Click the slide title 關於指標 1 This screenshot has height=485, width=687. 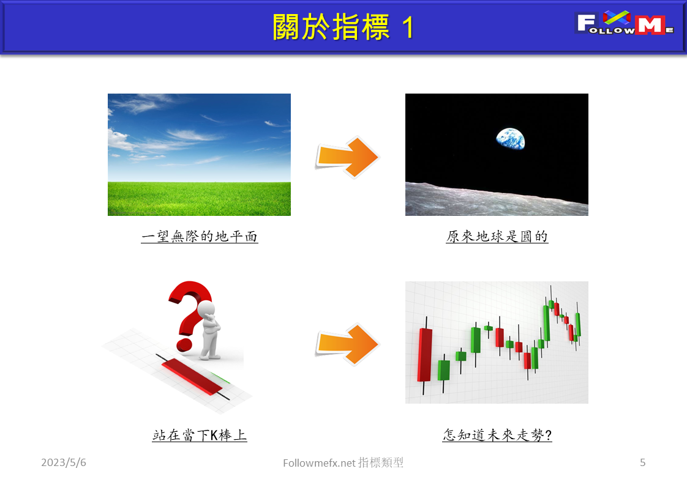(343, 27)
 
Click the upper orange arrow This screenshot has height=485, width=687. (348, 157)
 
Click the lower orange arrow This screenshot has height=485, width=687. (348, 344)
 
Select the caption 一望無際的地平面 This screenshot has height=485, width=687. (199, 236)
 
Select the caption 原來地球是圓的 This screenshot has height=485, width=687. (497, 236)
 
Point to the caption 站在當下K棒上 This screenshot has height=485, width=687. (199, 435)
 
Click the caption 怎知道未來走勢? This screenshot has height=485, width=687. (497, 435)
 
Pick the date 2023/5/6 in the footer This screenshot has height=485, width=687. (64, 463)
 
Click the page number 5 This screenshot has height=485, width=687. (642, 463)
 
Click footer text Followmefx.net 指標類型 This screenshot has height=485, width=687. (343, 463)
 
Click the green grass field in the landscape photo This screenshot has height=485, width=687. (199, 199)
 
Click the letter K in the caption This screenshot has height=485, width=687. (206, 436)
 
